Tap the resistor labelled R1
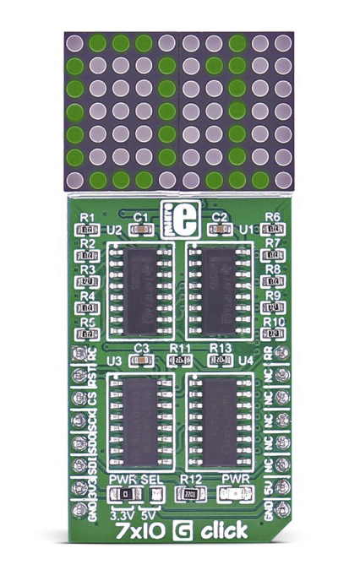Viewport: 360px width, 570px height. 87,229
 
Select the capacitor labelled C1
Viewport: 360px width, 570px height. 141,229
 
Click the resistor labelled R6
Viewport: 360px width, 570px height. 273,229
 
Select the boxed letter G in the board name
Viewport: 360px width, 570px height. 180,532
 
